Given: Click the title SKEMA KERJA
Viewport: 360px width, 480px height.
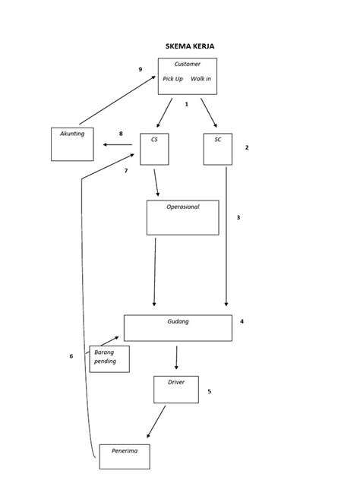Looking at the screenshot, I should (190, 46).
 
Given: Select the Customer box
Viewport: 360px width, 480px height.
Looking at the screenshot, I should (187, 76).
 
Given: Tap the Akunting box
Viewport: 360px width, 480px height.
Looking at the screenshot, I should (72, 144).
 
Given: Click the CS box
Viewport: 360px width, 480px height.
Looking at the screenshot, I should (154, 149).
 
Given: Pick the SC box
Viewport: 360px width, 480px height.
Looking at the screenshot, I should (218, 149).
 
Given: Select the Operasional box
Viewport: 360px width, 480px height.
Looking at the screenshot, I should (182, 217).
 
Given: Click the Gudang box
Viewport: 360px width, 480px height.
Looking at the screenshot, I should (178, 328).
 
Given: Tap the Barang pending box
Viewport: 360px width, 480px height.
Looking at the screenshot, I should (109, 358).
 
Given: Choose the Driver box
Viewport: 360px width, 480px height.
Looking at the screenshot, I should (175, 389).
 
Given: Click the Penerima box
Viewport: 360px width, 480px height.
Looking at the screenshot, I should (125, 456).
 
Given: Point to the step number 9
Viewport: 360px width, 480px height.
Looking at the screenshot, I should (141, 69).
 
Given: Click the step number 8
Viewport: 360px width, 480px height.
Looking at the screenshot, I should (121, 134).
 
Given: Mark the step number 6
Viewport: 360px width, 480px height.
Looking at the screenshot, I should (71, 356).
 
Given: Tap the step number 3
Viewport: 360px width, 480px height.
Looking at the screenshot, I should (238, 218).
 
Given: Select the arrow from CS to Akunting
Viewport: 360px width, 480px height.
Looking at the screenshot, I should (117, 144).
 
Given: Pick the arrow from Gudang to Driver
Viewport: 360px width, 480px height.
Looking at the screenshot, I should (177, 358).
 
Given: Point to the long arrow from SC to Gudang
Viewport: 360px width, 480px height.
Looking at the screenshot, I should (226, 235).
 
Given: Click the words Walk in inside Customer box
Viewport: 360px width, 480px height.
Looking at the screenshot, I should (201, 79).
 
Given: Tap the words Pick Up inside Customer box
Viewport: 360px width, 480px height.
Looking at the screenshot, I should (172, 79).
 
